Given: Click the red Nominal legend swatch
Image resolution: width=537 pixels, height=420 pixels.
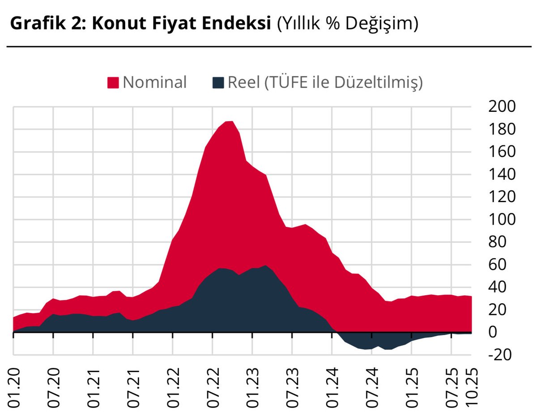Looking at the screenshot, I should pos(113,83).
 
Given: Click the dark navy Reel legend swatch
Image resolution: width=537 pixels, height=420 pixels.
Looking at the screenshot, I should pos(218,83).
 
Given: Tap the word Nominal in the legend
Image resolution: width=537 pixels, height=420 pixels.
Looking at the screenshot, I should pos(154,82).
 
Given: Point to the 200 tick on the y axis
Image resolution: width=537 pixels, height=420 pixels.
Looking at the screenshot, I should pos(503,106).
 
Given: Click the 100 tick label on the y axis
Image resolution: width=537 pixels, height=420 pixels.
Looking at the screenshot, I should pos(503,219).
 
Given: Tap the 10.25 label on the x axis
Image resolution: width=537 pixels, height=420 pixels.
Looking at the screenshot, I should pos(473,388).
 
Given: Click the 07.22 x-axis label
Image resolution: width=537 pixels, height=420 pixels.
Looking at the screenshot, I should pos(213,388).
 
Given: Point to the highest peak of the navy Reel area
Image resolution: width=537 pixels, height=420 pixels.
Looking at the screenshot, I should pos(265,266).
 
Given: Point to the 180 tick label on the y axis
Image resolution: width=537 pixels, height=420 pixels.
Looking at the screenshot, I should pos(503,129).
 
